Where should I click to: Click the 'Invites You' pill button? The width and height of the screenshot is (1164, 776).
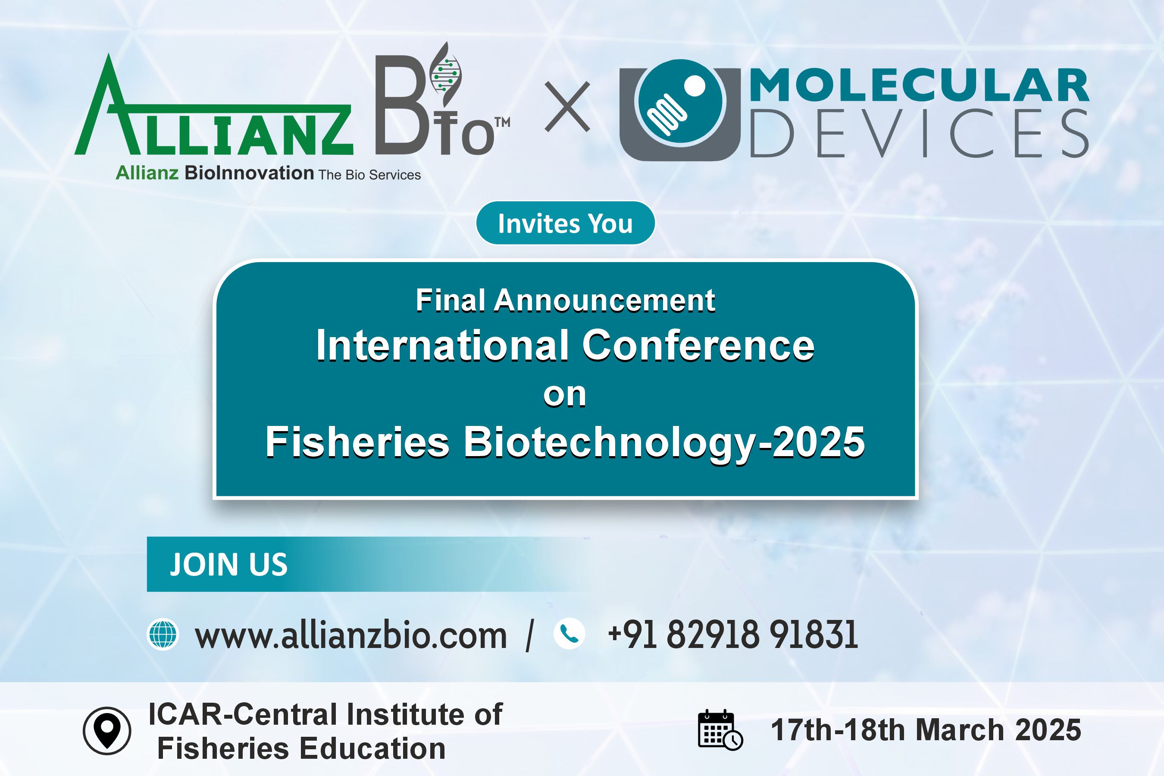pyautogui.click(x=565, y=223)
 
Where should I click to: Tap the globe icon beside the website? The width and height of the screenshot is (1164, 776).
pyautogui.click(x=163, y=634)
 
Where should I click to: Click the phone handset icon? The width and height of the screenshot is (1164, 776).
pyautogui.click(x=569, y=633)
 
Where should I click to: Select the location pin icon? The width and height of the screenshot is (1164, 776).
pyautogui.click(x=107, y=730)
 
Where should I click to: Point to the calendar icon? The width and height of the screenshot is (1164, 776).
pyautogui.click(x=720, y=730)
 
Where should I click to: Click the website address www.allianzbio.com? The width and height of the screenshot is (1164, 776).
pyautogui.click(x=351, y=635)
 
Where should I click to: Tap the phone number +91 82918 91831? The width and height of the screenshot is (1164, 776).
pyautogui.click(x=733, y=635)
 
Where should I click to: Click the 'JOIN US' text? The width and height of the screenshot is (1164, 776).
pyautogui.click(x=228, y=564)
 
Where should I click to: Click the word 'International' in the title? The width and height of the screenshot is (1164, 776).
pyautogui.click(x=442, y=345)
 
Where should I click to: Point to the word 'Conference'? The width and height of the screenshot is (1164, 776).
pyautogui.click(x=698, y=345)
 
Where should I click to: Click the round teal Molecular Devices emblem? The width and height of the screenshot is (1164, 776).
pyautogui.click(x=680, y=103)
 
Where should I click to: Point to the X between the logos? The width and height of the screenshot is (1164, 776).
pyautogui.click(x=567, y=107)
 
